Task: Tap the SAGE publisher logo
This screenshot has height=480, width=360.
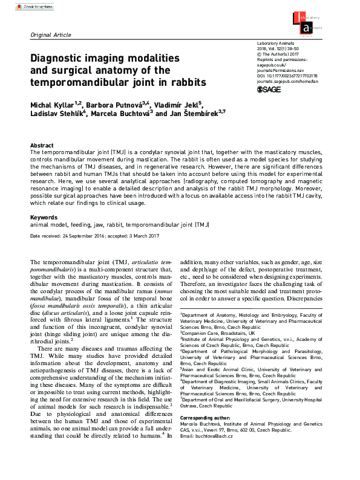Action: pos(269,89)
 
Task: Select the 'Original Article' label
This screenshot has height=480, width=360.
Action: pos(51,36)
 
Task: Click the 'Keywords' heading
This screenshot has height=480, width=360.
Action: pos(44,216)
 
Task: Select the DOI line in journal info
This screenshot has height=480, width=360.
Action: pos(287,76)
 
